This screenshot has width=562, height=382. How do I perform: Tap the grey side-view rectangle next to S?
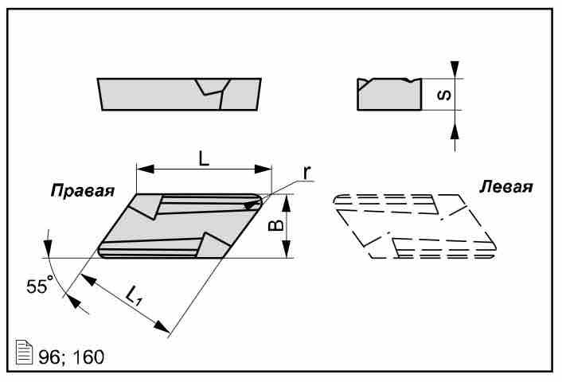coord(388,95)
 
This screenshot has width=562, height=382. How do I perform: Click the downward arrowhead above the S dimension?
coord(455,71)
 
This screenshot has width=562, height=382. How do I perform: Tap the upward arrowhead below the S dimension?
coord(455,128)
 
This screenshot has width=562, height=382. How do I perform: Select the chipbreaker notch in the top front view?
coord(213,88)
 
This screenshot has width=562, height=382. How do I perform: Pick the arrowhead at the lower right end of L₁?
coord(164,327)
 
